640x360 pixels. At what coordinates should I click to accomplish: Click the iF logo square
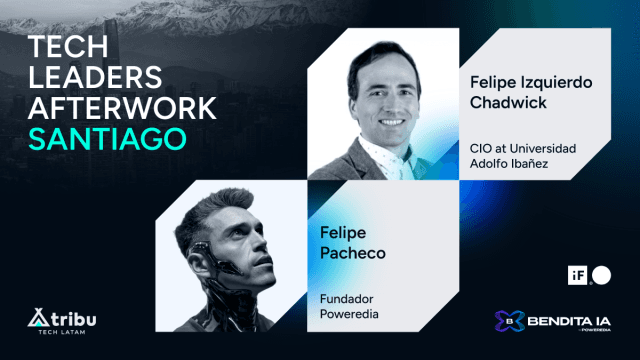[580, 272]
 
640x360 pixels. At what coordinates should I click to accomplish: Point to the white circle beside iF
[600, 272]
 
